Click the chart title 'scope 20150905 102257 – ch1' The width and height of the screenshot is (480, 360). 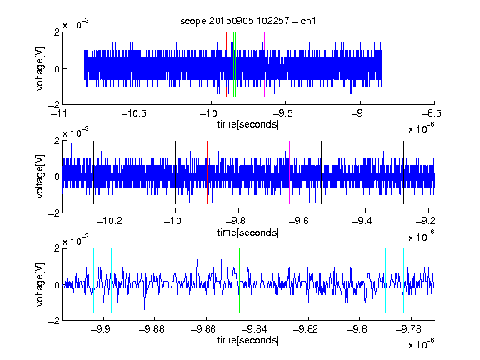248,21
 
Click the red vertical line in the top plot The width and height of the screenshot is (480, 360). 226,65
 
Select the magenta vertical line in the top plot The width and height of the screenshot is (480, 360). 264,65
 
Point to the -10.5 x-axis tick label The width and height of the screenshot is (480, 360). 134,113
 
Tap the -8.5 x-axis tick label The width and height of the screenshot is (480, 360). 432,113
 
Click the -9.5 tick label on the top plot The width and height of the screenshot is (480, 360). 283,113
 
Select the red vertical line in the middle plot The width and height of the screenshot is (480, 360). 207,172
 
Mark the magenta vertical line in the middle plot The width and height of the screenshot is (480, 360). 290,172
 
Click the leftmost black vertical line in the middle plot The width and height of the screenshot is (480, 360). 93,172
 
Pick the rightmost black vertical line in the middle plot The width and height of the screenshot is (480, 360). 404,172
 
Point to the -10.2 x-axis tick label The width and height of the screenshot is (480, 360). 109,221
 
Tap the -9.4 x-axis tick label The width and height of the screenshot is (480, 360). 362,221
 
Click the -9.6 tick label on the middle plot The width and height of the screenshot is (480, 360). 299,221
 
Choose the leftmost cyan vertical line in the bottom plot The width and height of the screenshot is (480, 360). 93,280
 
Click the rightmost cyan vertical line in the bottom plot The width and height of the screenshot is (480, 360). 404,280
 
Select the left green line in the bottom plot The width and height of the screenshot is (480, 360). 239,280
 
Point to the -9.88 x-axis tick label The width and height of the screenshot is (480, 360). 152,329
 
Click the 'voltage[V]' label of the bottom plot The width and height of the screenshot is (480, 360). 40,284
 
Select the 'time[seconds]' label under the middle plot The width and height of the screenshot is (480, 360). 248,232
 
